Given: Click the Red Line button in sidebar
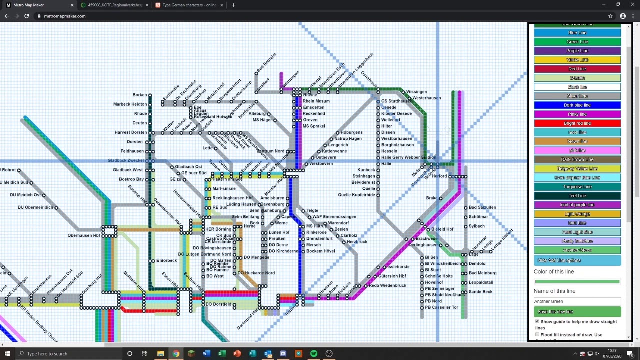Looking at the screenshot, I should pos(577,69).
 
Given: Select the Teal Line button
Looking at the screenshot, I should pos(577,196).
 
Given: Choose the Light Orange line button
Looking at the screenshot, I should pos(577,214).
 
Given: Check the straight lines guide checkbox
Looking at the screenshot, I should pos(537,322).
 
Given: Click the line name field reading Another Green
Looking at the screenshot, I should pos(577,301).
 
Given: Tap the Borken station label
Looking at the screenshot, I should pos(140,95).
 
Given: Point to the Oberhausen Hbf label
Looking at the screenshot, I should pos(84,235).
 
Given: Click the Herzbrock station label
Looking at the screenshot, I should pos(357,242).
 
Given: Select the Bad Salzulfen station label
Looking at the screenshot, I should pos(482,207).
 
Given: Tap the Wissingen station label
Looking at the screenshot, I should pos(416,92).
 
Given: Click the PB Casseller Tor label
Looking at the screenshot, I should pos(441,307).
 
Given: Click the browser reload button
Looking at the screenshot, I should pos(26,16).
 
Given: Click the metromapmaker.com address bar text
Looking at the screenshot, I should pos(65,16).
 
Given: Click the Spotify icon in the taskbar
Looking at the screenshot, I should pos(313,354).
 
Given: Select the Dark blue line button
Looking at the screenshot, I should pos(577,105).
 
